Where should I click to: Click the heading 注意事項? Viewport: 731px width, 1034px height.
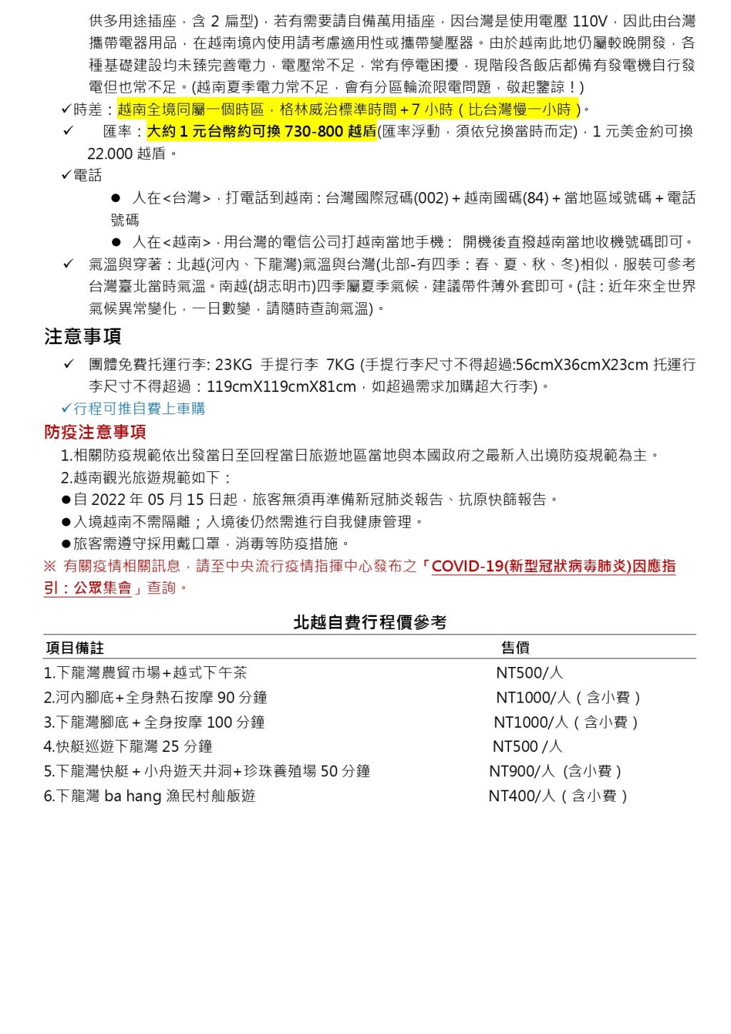83,336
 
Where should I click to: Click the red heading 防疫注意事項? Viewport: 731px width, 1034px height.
95,432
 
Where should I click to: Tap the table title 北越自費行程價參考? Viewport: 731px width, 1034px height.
370,623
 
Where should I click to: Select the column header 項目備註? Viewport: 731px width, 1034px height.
75,648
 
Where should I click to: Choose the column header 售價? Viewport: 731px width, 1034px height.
515,648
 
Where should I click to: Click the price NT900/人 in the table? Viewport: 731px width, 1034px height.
522,771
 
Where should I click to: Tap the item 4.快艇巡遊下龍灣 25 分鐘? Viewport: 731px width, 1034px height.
128,747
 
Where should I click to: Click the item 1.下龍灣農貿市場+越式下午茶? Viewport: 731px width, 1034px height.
145,673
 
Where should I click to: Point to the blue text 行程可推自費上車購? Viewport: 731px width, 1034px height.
139,408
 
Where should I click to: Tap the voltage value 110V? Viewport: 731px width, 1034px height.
589,21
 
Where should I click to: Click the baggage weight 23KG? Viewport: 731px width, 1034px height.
233,365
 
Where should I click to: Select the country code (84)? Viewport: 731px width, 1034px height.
535,198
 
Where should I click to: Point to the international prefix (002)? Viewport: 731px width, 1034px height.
431,198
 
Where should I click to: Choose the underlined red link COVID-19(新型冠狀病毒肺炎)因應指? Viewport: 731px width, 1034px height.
553,566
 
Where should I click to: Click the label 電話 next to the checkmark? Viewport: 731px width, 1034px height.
88,176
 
